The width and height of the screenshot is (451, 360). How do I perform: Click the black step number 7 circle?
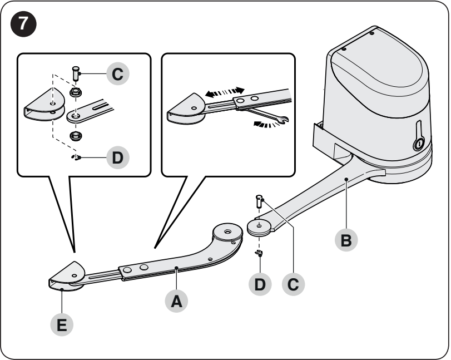point(23,23)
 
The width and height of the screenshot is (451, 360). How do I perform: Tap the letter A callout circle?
point(176,301)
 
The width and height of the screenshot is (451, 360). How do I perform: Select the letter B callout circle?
point(346,240)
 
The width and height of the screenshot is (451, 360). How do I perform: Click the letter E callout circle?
point(62,325)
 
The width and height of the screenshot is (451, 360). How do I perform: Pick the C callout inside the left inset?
point(118,73)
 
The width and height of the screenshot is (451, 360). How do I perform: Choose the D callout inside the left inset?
point(118,157)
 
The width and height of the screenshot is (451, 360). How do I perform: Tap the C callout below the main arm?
point(293,284)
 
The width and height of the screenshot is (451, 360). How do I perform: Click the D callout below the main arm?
point(260,284)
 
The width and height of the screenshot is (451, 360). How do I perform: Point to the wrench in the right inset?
point(267,114)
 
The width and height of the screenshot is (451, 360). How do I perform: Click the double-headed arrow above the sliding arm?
point(225,92)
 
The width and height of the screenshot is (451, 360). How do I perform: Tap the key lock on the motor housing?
point(419,143)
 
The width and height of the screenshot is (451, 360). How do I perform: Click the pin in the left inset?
point(76,73)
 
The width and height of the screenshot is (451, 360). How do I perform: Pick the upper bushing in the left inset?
point(76,93)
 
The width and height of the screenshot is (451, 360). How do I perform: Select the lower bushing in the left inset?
point(76,136)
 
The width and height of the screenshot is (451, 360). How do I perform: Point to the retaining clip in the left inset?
point(76,157)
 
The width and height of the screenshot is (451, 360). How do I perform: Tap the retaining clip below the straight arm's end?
point(259,253)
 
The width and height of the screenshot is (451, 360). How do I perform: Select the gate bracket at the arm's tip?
point(66,276)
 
